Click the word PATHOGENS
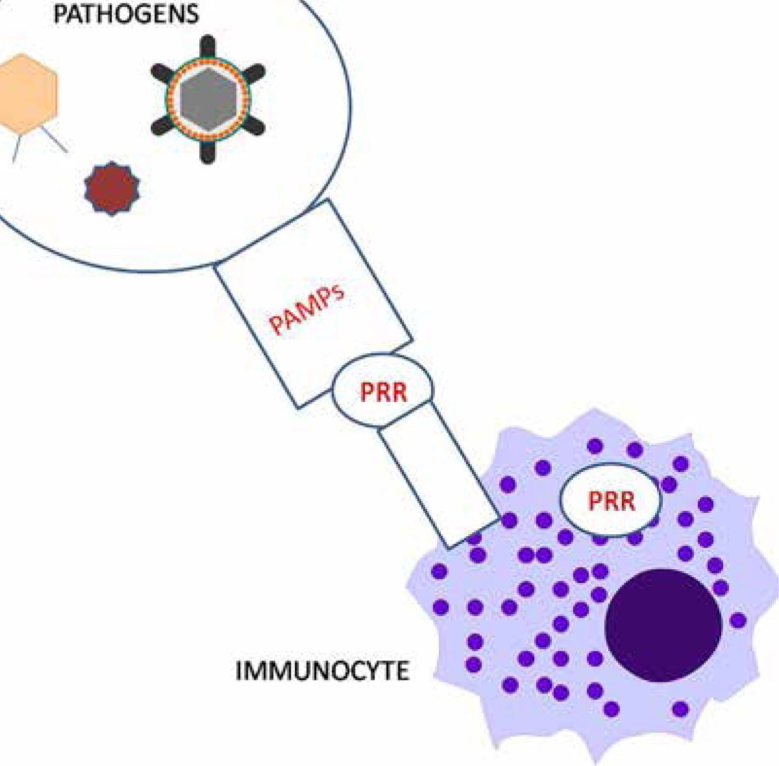[126, 14]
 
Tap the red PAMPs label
[307, 310]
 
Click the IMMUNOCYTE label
[322, 671]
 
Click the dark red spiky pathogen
[112, 188]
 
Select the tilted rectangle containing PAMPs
[314, 303]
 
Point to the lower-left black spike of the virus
[162, 125]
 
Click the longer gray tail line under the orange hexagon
[54, 140]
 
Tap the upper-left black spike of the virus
[162, 73]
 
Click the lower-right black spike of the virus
[253, 125]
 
